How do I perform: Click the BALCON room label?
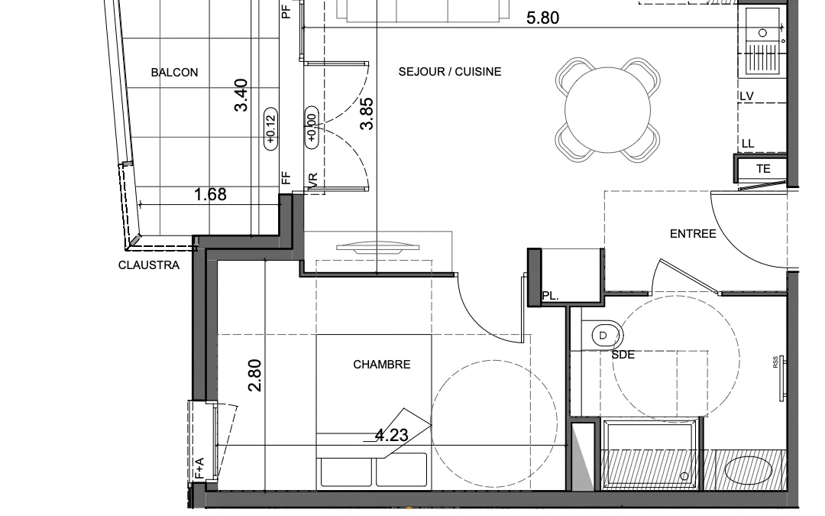(x=174, y=73)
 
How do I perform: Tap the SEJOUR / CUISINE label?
(x=450, y=72)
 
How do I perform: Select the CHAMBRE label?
(x=381, y=365)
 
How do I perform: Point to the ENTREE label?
(x=692, y=234)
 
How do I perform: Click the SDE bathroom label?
(x=623, y=355)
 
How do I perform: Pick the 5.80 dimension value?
(x=542, y=18)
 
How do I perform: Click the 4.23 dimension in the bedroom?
(x=391, y=435)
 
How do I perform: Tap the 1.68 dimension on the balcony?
(x=210, y=194)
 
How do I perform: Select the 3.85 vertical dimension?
(x=367, y=114)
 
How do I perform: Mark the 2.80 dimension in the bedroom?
(x=254, y=375)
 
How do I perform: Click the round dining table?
(x=608, y=109)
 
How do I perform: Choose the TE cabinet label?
(x=763, y=169)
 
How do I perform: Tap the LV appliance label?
(x=746, y=96)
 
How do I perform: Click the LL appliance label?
(x=748, y=144)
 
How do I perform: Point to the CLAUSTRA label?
(x=149, y=265)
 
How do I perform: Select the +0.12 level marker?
(x=270, y=129)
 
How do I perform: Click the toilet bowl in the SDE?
(x=603, y=336)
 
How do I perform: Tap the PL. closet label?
(x=550, y=297)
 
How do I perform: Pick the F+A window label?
(x=199, y=469)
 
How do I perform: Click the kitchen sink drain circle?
(x=762, y=33)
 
